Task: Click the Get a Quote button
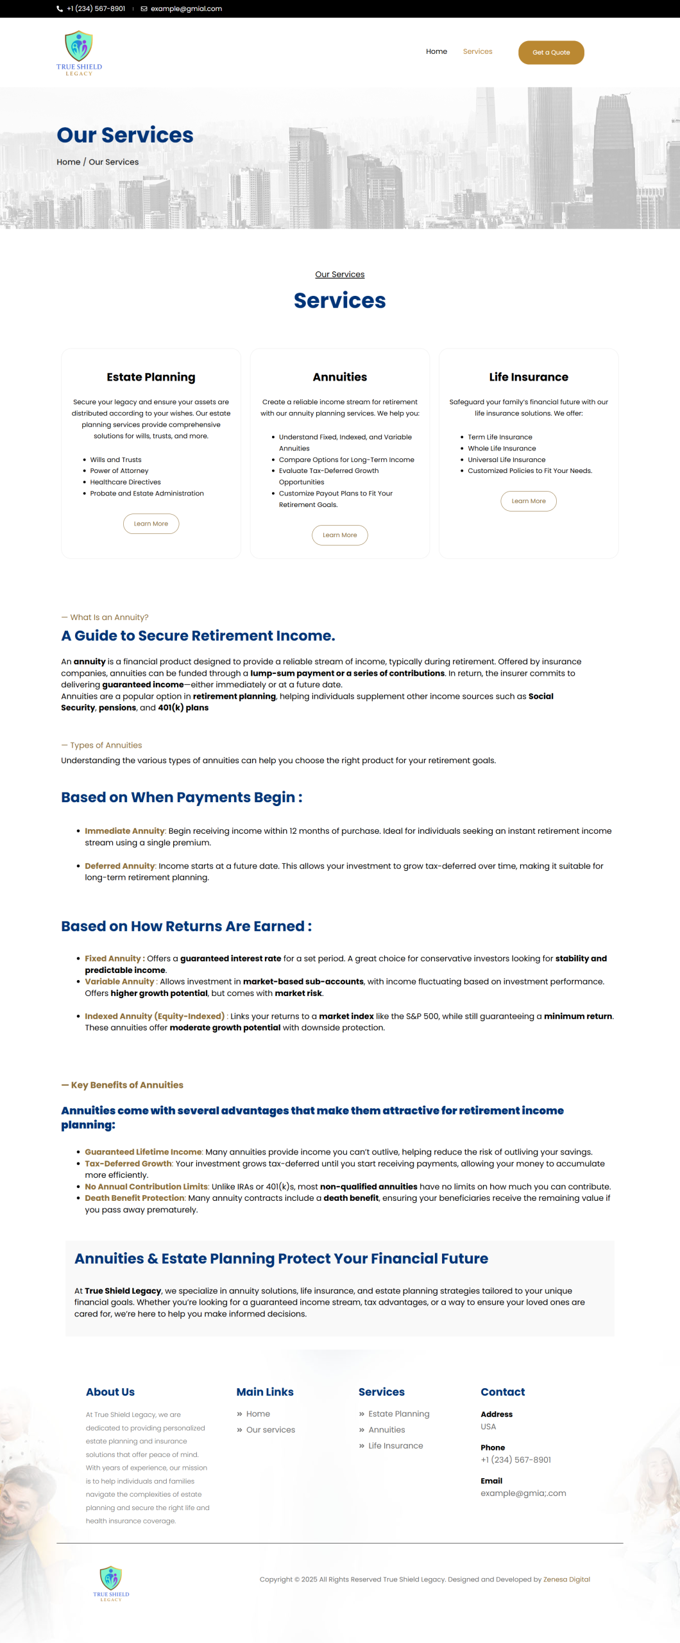(550, 53)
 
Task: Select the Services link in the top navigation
(477, 51)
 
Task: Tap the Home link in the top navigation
(436, 51)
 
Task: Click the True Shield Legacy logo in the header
(79, 53)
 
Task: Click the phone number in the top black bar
(96, 9)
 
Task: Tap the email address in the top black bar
(186, 9)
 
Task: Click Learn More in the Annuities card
(339, 535)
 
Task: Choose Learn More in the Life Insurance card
(528, 501)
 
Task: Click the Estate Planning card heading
(151, 377)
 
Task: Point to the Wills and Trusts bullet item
(115, 460)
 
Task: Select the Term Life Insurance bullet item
(500, 437)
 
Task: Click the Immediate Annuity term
(124, 831)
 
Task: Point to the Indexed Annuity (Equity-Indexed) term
(155, 1017)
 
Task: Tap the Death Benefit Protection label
(135, 1198)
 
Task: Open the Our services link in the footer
(270, 1430)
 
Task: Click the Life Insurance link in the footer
(395, 1446)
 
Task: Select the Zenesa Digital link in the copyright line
(566, 1579)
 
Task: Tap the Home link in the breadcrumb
(68, 162)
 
